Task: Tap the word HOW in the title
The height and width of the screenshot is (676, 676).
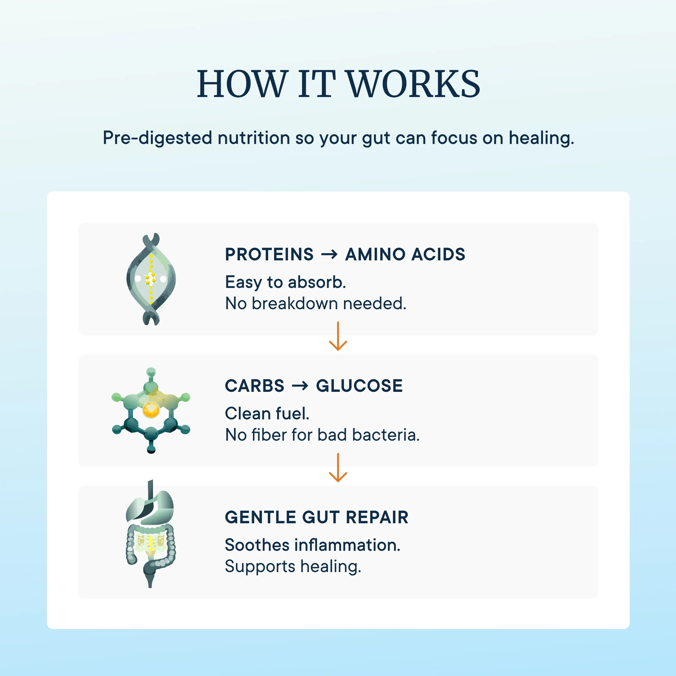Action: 243,84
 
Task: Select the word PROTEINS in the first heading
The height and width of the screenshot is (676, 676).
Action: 269,254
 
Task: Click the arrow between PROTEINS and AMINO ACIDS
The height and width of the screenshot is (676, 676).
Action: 329,254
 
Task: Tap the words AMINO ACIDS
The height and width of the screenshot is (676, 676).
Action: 405,254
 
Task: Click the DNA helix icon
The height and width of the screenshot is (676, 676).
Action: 151,279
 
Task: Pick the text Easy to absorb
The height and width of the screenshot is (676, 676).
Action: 285,282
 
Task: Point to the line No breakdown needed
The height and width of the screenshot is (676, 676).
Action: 315,303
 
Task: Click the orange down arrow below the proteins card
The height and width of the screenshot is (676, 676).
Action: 338,336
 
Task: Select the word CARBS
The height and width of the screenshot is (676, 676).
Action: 255,386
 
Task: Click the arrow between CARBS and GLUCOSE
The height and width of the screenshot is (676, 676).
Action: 300,386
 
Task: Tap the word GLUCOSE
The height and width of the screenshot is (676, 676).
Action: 359,386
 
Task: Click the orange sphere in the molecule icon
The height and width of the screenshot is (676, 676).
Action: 151,410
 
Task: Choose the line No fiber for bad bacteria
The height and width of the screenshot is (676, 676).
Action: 322,435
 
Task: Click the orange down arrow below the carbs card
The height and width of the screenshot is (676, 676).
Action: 338,468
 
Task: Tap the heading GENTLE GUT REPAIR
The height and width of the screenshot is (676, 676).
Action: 317,518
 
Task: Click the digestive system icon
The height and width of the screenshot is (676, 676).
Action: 151,534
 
